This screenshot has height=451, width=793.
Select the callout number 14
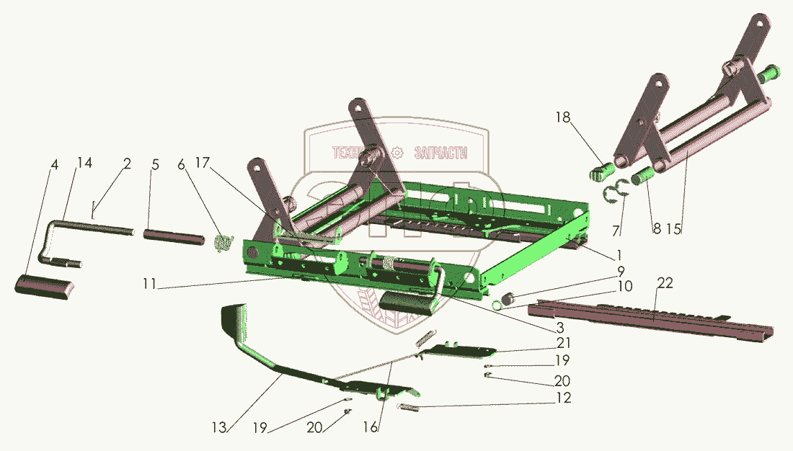(x=85, y=164)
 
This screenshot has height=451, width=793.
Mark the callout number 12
(x=564, y=398)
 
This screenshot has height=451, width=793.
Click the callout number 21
(x=564, y=343)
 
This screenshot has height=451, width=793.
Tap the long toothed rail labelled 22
(x=649, y=319)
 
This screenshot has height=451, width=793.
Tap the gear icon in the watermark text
(x=396, y=153)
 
